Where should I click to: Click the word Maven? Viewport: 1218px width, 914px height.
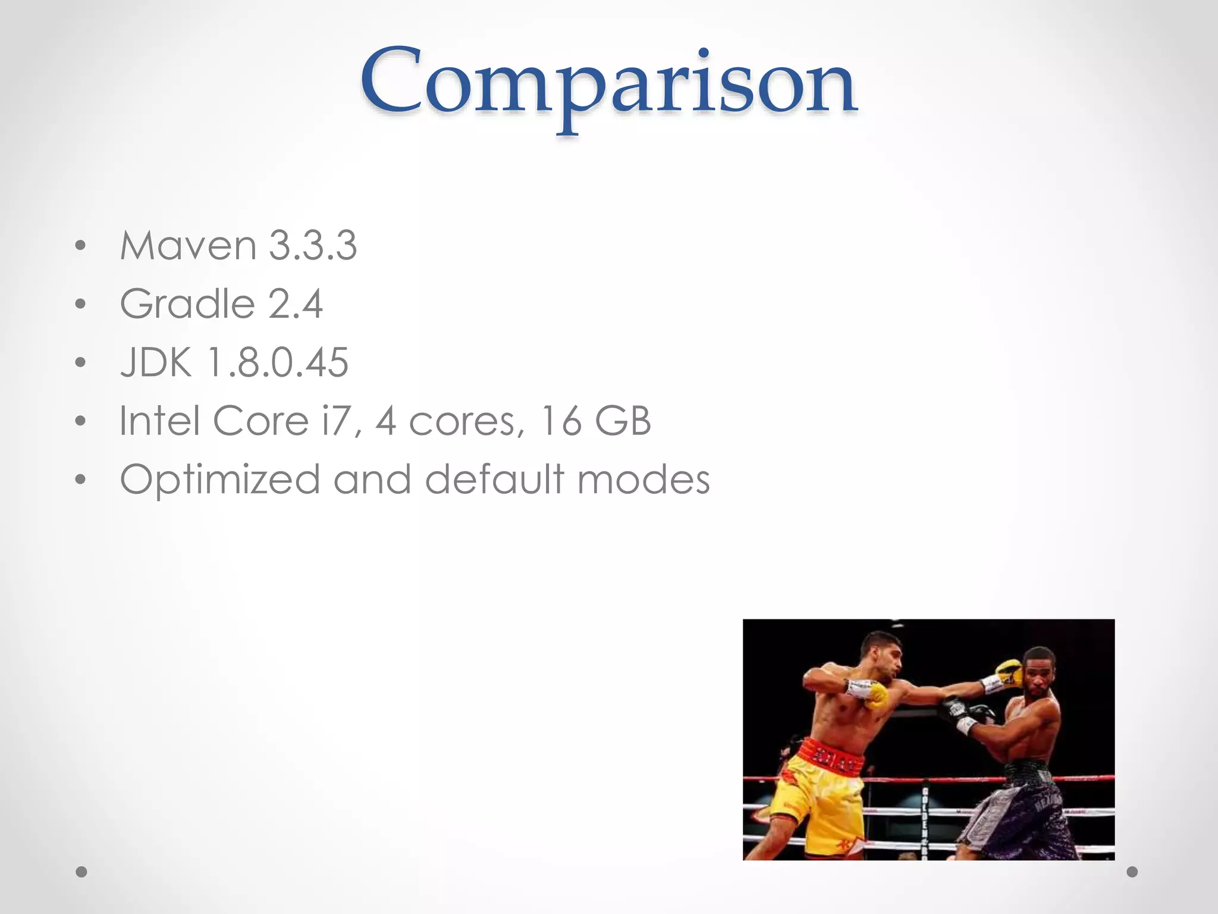pyautogui.click(x=188, y=245)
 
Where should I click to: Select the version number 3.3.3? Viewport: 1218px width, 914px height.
pyautogui.click(x=312, y=245)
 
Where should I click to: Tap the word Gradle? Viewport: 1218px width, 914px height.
pyautogui.click(x=188, y=304)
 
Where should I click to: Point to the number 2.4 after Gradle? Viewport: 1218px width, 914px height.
pyautogui.click(x=295, y=304)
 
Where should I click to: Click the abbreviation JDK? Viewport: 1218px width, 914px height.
pyautogui.click(x=156, y=362)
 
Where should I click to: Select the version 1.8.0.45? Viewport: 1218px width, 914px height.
pyautogui.click(x=278, y=362)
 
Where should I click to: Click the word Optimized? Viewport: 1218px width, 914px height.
pyautogui.click(x=220, y=480)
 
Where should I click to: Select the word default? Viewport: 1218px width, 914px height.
pyautogui.click(x=494, y=480)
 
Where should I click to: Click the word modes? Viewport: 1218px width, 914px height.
pyautogui.click(x=643, y=480)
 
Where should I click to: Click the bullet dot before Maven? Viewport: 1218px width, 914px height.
pyautogui.click(x=81, y=246)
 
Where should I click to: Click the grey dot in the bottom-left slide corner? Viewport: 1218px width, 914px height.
pyautogui.click(x=81, y=872)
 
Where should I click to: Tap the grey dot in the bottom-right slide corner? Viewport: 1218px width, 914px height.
pyautogui.click(x=1132, y=872)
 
